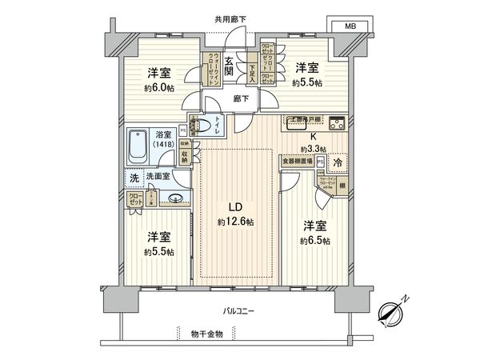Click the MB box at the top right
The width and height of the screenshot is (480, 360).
(350, 25)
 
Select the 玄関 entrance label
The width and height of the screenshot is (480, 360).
(229, 66)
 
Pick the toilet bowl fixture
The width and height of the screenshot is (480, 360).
(206, 126)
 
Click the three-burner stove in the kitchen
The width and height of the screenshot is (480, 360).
(335, 124)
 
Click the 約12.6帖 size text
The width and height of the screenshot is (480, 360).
(235, 222)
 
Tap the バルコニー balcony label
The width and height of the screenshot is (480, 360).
(240, 310)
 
